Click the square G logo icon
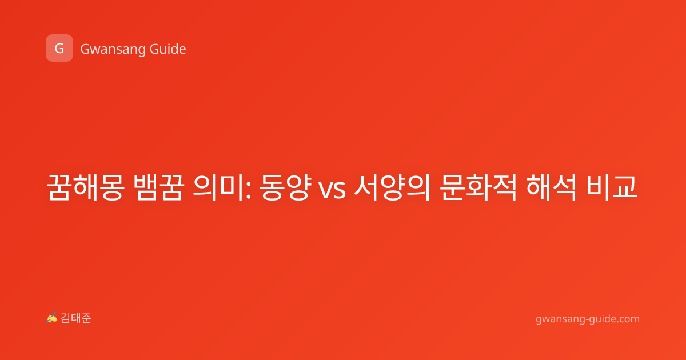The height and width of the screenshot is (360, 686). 59,48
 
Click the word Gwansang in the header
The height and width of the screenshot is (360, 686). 113,50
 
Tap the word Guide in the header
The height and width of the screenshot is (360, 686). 168,49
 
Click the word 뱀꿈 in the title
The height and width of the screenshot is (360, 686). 159,187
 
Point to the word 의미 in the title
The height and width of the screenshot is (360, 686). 218,187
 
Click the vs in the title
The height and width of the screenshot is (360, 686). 332,190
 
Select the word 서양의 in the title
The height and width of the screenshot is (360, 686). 392,187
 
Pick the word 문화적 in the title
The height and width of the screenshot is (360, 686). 478,187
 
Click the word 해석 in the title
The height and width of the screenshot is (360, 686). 551,187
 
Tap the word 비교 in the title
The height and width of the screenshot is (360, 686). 612,187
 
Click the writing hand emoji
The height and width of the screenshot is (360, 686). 52,318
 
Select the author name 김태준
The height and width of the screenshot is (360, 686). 75,318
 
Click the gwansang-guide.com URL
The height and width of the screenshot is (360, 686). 588,319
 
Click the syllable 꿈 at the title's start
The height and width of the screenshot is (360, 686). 59,187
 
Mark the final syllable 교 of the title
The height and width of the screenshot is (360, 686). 625,187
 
